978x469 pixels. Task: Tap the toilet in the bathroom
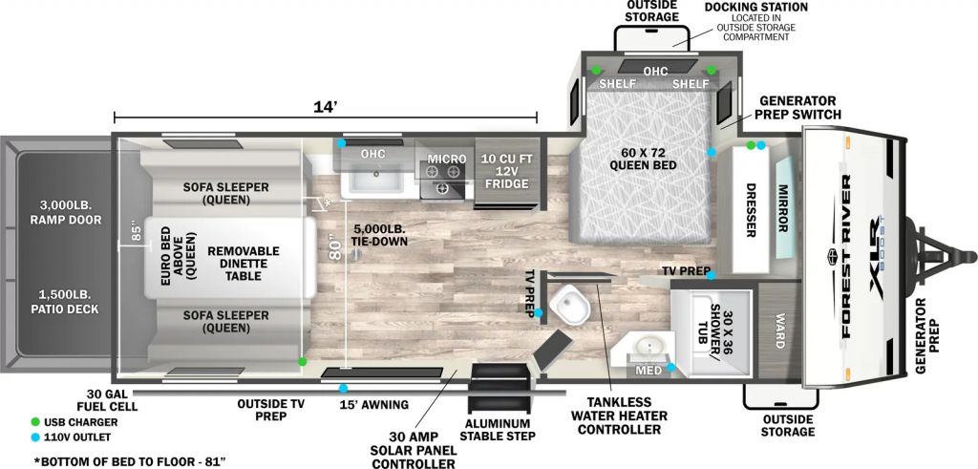pos(570,305)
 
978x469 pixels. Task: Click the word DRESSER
pos(751,210)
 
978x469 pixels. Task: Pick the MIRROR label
pos(782,208)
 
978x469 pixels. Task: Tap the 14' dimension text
pos(327,107)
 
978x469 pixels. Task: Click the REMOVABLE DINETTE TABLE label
pos(244,263)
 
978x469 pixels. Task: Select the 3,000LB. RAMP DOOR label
pos(65,213)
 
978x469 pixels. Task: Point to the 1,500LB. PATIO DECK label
pos(64,301)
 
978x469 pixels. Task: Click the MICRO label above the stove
pos(447,159)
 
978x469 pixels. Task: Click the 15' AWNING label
pos(374,405)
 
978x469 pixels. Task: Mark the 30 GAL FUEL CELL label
pos(113,401)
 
